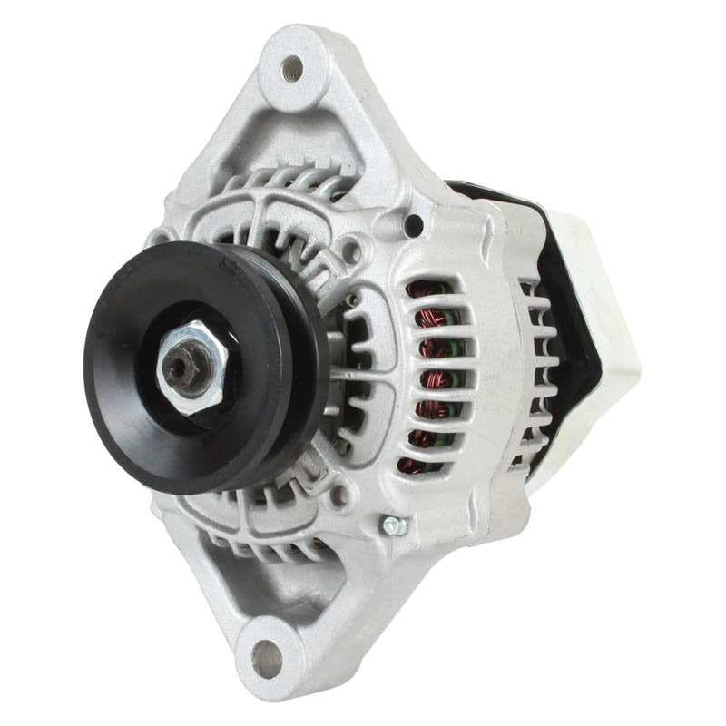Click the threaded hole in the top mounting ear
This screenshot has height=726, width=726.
coord(292,65)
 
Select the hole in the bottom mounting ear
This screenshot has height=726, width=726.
coord(266,652)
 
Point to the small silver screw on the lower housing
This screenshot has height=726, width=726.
coord(392,525)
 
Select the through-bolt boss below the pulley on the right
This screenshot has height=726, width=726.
coord(341,495)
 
